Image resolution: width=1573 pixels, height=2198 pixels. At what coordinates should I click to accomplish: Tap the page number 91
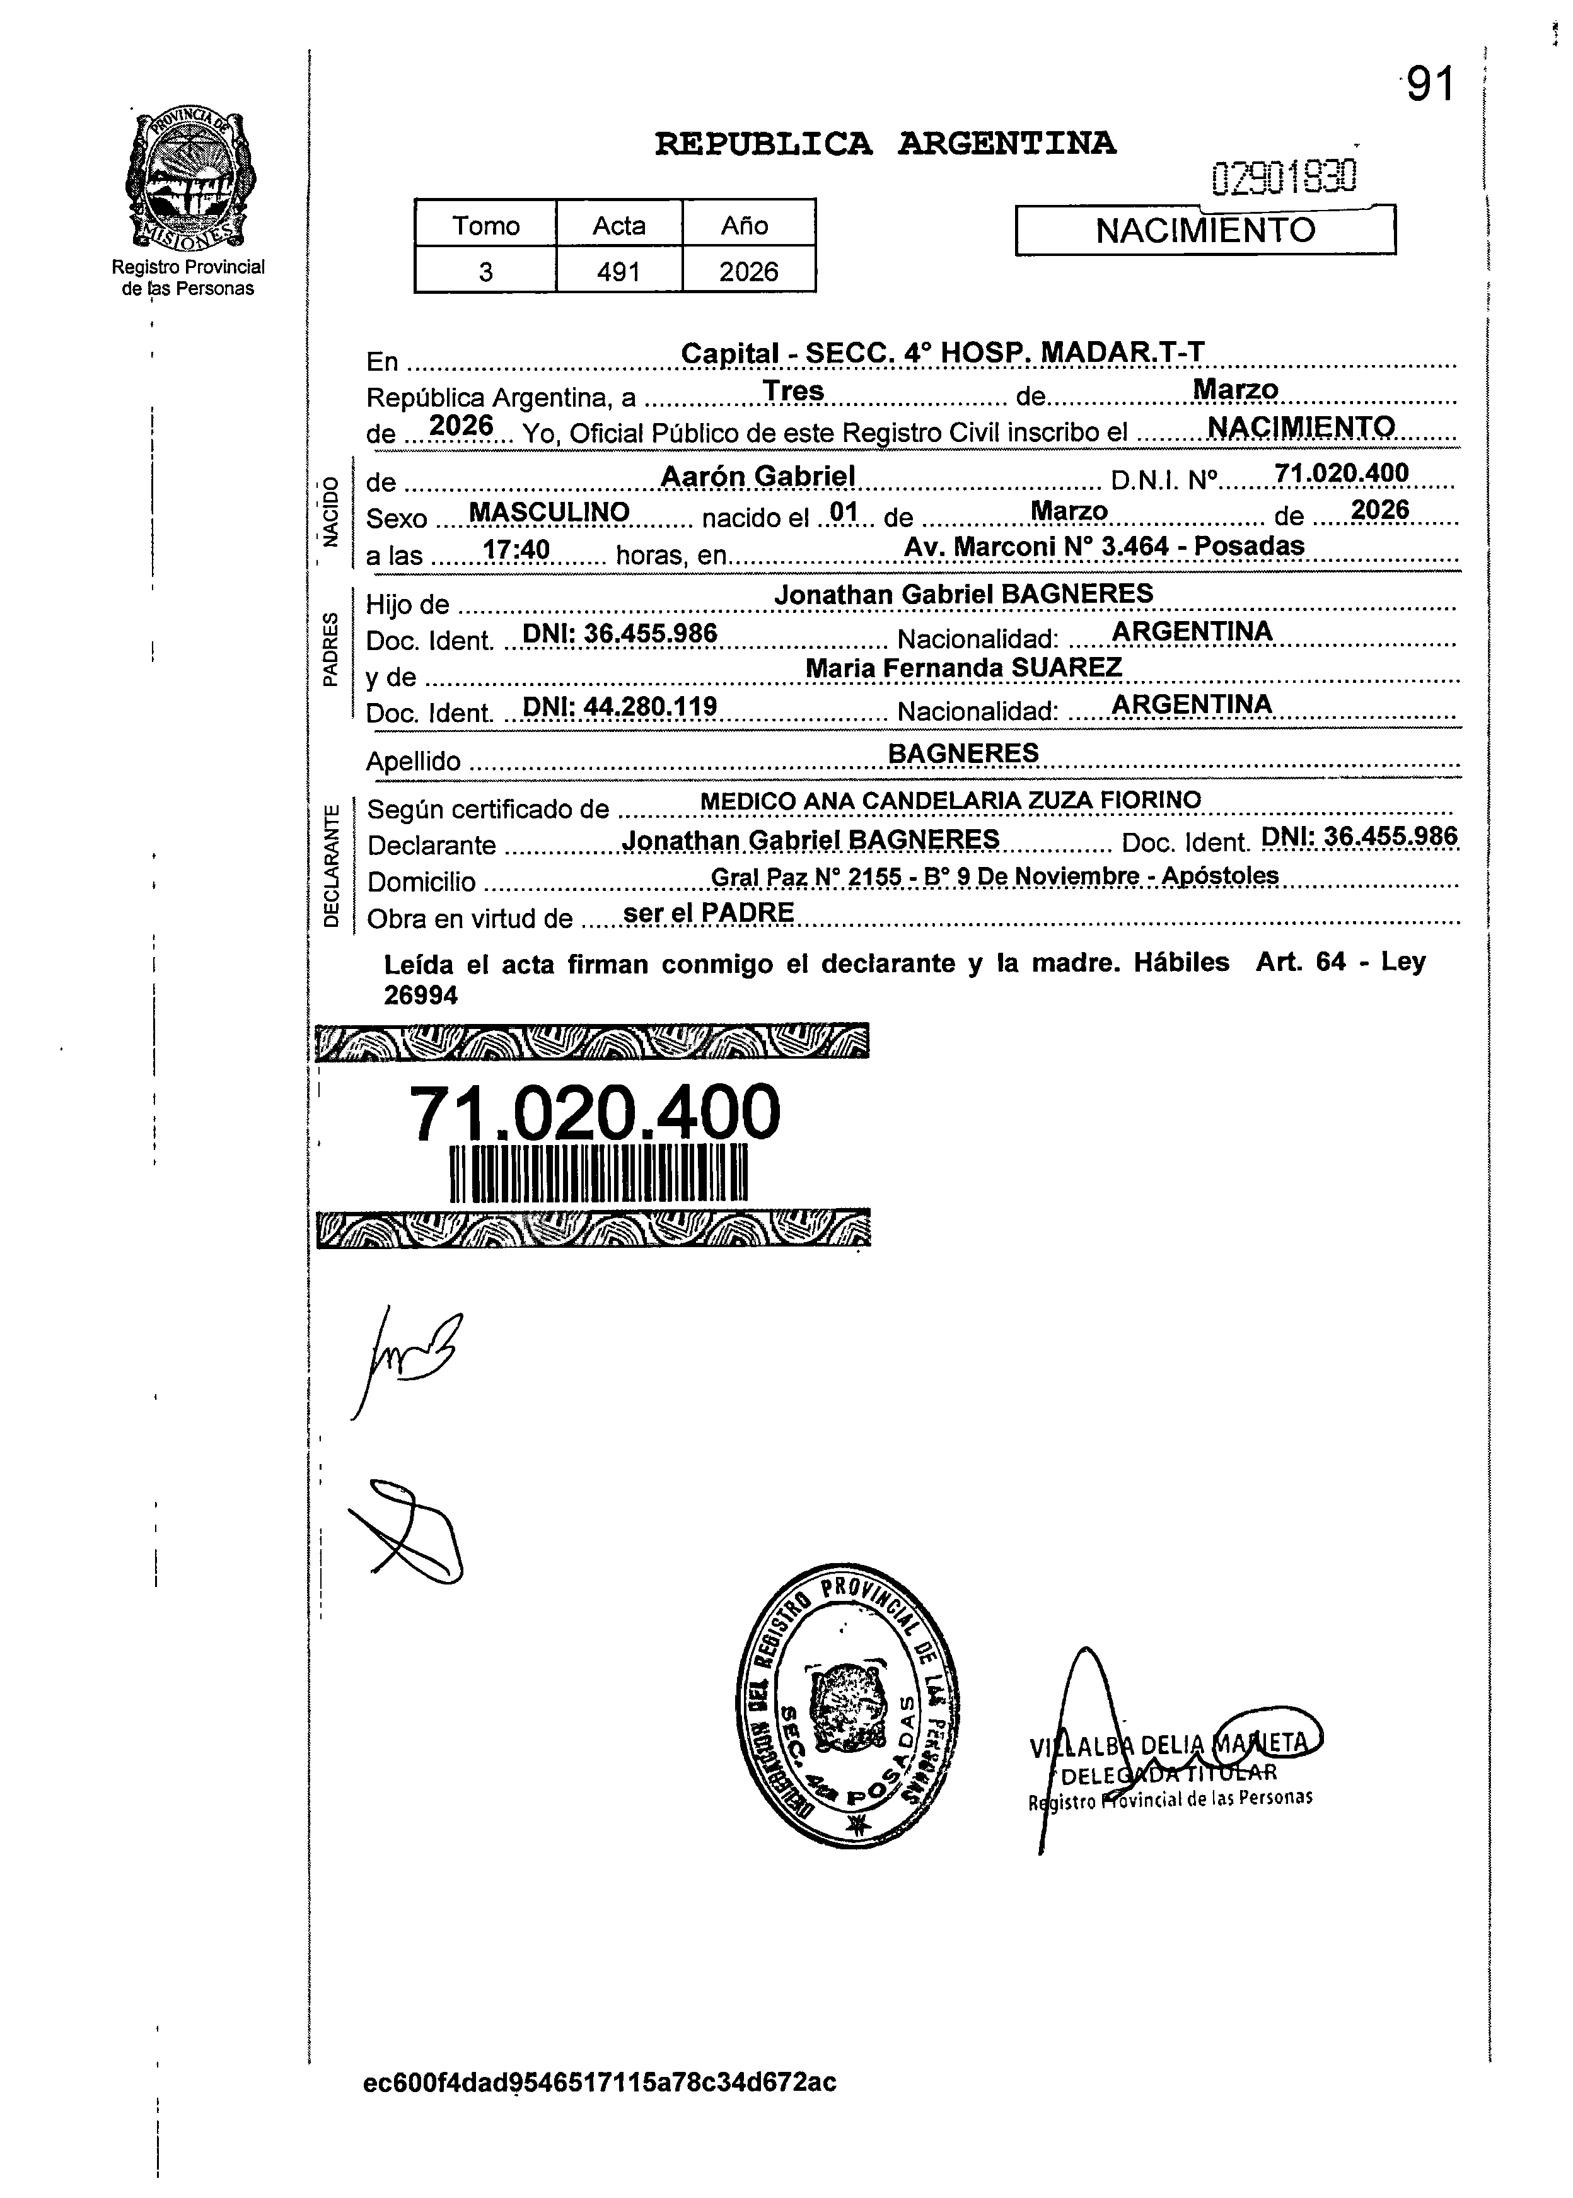[x=1431, y=85]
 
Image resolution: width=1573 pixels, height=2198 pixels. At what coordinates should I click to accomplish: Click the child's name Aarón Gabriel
[x=757, y=475]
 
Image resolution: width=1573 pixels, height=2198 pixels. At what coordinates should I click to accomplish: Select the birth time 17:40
[x=516, y=550]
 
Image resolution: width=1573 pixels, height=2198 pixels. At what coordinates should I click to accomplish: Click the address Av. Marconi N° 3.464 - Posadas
[x=1103, y=547]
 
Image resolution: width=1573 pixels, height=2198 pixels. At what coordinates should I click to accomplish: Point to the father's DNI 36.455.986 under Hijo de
[x=620, y=634]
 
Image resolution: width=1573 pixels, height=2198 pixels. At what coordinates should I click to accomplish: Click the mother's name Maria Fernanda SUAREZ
[x=964, y=668]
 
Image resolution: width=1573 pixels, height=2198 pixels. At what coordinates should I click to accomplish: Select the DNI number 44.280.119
[x=620, y=706]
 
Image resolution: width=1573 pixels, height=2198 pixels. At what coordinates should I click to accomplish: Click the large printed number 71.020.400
[x=595, y=1112]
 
